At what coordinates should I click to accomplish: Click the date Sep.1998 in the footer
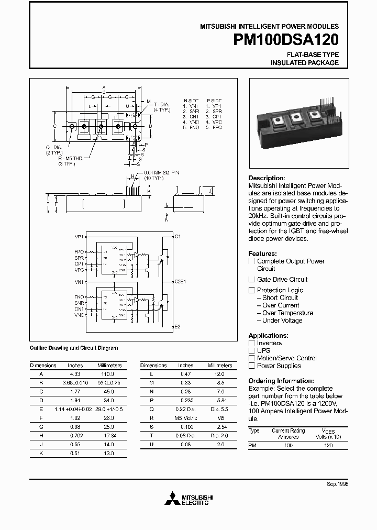338,484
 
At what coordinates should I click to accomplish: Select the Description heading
267,178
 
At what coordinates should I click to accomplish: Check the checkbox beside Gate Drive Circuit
252,280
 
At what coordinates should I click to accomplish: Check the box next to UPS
252,351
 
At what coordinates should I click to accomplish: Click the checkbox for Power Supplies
252,366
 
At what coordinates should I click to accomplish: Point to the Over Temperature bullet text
287,313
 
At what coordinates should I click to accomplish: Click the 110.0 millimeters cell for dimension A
107,374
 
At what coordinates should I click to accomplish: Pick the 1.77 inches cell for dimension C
75,391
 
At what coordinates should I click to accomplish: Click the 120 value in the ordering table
328,445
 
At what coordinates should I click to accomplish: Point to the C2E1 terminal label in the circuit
180,281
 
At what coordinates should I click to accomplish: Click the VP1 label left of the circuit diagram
80,236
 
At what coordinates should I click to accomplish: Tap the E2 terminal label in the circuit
178,326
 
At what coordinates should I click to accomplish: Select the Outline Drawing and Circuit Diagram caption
74,348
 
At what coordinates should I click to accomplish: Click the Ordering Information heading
281,381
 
